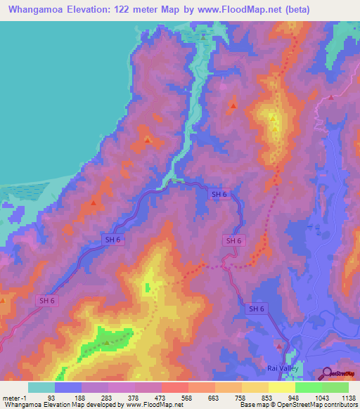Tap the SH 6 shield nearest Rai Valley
257,309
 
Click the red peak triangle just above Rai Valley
280,346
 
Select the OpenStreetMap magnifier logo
328,373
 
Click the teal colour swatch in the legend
41,387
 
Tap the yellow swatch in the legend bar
281,387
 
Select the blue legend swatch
67,387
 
